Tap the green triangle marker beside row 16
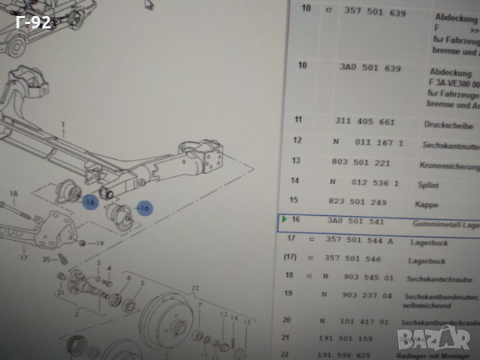pyautogui.click(x=283, y=220)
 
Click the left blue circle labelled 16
pyautogui.click(x=90, y=202)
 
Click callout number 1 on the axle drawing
pyautogui.click(x=64, y=123)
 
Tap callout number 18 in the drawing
pyautogui.click(x=13, y=194)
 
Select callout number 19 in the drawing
pyautogui.click(x=101, y=244)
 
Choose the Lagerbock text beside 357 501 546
pyautogui.click(x=427, y=262)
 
